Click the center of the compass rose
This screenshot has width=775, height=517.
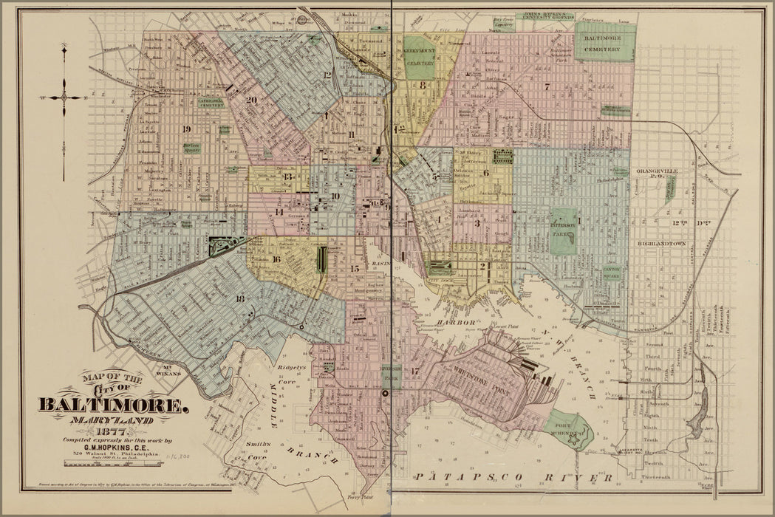64,97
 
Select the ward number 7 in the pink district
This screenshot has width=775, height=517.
547,86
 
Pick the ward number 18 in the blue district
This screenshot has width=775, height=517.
239,298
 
